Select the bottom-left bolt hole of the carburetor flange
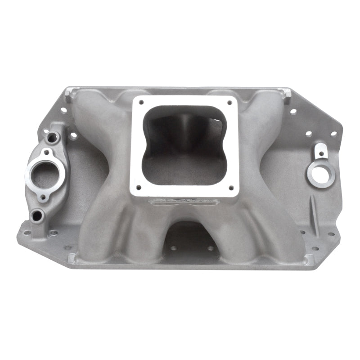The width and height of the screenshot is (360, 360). click(139, 187)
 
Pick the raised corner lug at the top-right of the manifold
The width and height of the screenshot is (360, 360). click(286, 94)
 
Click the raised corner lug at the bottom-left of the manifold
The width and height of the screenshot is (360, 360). click(72, 257)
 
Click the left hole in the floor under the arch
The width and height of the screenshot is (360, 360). click(174, 248)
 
